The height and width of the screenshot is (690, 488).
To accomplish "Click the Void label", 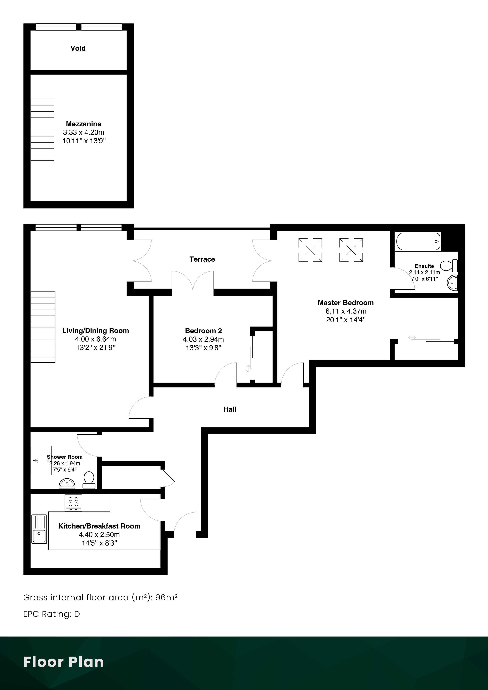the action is click(x=78, y=48).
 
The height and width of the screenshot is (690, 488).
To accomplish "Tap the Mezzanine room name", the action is click(x=84, y=124).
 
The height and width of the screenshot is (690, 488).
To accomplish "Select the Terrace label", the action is click(x=202, y=259).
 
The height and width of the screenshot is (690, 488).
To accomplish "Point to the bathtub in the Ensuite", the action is click(x=418, y=241).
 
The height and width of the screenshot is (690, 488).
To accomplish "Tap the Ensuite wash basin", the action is click(x=453, y=283).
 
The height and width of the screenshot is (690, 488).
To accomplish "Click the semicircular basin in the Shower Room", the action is click(x=67, y=483).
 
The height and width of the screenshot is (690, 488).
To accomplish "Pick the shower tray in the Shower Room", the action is click(x=41, y=460).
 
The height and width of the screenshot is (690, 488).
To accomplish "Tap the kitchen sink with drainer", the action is click(x=39, y=529).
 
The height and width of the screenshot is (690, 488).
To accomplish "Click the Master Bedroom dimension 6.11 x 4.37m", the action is click(x=346, y=311).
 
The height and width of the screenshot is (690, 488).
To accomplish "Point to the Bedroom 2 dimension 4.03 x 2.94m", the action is click(x=203, y=339).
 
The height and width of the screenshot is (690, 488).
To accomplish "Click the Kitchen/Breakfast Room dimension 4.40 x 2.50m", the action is click(x=99, y=535).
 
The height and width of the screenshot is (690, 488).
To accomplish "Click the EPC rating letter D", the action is click(x=77, y=614).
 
